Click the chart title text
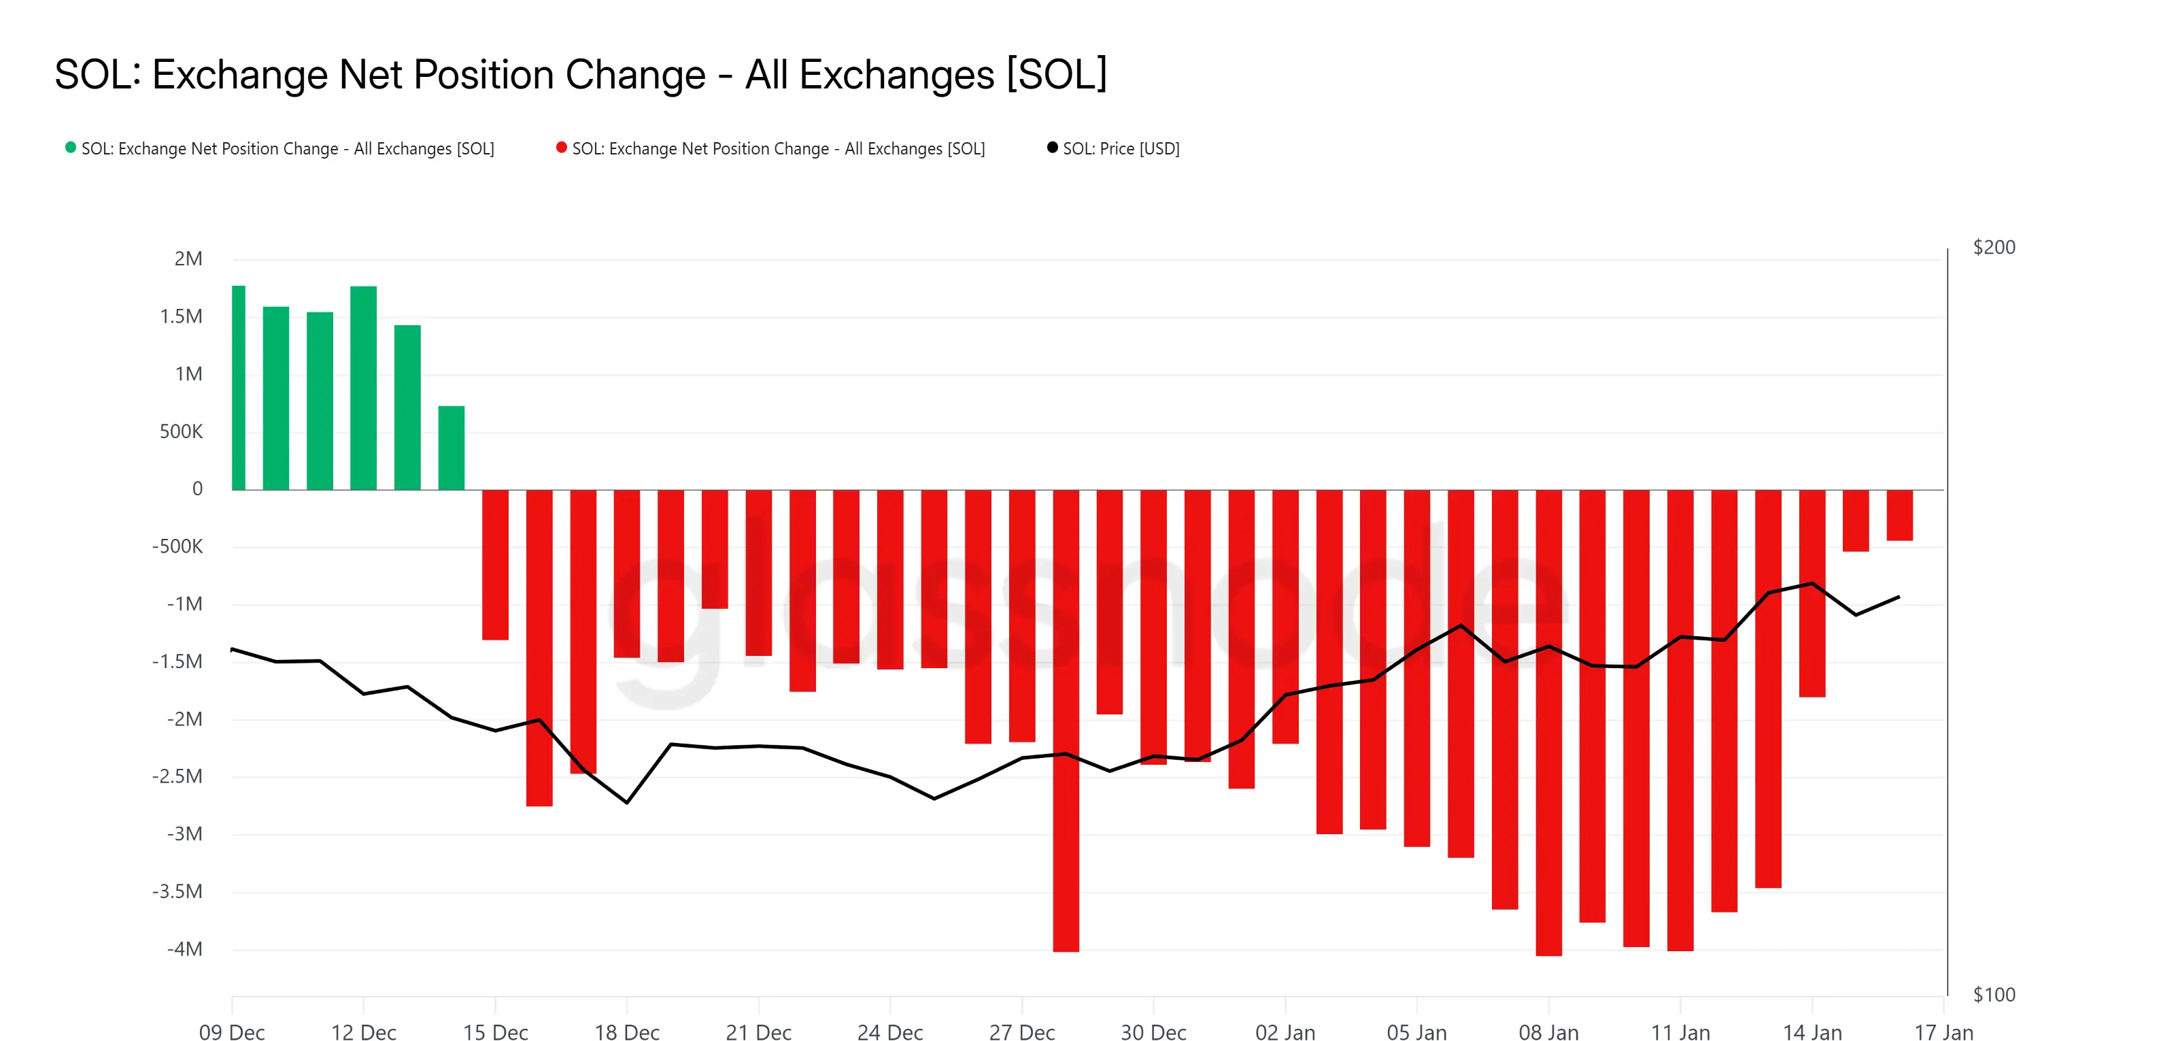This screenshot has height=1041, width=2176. click(580, 74)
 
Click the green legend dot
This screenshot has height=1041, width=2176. click(71, 148)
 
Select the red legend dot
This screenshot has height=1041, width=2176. click(562, 148)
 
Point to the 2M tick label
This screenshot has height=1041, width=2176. click(188, 259)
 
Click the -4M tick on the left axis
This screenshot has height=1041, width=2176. click(185, 949)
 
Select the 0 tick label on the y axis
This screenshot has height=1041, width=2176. click(198, 489)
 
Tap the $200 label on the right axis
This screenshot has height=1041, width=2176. click(1994, 248)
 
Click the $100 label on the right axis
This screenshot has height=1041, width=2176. click(1994, 995)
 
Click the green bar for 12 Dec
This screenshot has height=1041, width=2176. click(363, 389)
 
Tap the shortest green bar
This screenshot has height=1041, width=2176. click(451, 448)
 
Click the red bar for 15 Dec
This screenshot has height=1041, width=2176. click(495, 565)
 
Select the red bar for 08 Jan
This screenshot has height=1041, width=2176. click(1548, 723)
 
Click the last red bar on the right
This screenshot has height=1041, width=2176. click(1900, 516)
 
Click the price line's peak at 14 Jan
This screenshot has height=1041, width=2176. click(1812, 584)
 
